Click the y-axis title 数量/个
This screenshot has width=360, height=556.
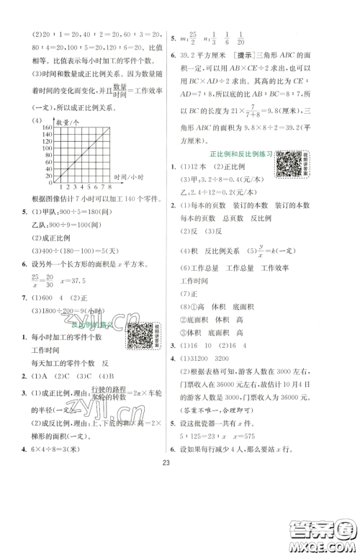tap(65, 122)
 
